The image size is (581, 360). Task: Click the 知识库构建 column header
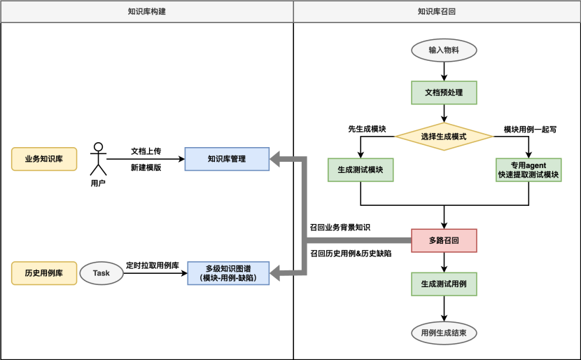pos(146,11)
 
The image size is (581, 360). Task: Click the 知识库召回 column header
pos(437,11)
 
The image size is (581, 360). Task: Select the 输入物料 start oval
pos(444,50)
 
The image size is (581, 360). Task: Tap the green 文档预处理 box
pos(444,92)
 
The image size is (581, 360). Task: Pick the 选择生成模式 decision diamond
pos(444,137)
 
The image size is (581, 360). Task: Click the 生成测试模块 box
pos(360,170)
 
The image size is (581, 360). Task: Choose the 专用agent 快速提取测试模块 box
pos(528,170)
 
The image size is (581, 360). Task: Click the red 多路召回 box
pos(444,240)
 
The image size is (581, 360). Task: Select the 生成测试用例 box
pos(444,284)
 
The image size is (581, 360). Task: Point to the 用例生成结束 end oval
pos(444,331)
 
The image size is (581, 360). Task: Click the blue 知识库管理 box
pos(226,159)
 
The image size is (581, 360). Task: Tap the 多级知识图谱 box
pos(227,272)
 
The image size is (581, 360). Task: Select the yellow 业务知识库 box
pos(44,159)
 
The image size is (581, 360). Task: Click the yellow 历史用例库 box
pos(44,272)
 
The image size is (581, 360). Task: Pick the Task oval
pos(101,272)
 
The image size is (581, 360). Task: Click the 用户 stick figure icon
pos(98,160)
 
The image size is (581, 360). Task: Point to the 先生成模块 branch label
pos(367,129)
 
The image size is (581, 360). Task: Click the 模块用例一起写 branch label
pos(530,129)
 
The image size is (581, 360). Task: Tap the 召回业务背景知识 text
pos(340,228)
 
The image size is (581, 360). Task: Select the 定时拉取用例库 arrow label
pos(152,265)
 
